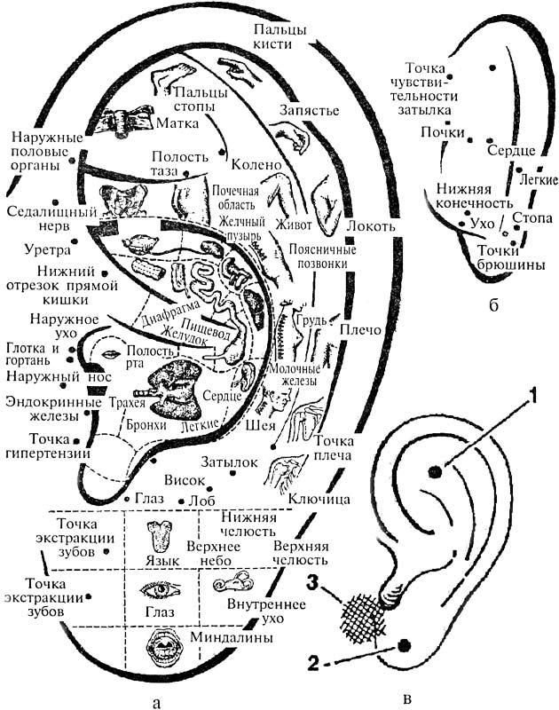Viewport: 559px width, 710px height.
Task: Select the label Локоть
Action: point(371,225)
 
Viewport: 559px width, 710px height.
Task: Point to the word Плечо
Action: point(359,329)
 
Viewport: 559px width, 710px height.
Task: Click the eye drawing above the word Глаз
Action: point(161,588)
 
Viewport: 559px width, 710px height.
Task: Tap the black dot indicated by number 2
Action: point(404,646)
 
